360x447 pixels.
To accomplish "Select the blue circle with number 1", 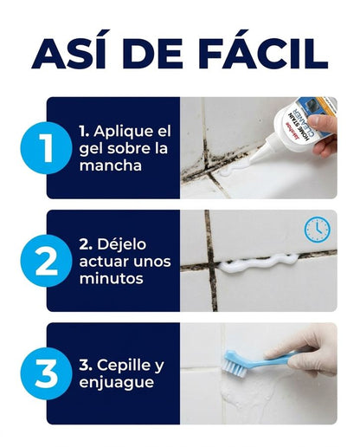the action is click(46, 148).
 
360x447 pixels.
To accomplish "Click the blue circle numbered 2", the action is click(46, 261).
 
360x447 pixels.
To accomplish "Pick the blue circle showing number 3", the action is click(46, 373).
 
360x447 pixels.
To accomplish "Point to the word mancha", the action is click(111, 165).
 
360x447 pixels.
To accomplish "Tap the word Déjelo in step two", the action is click(122, 244).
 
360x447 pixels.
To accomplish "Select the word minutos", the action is click(112, 279).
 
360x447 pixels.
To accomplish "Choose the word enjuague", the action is click(117, 383).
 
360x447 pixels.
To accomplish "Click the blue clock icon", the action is click(318, 230).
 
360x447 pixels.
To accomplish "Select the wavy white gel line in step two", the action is click(258, 262).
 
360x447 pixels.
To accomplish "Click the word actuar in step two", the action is click(100, 262).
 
